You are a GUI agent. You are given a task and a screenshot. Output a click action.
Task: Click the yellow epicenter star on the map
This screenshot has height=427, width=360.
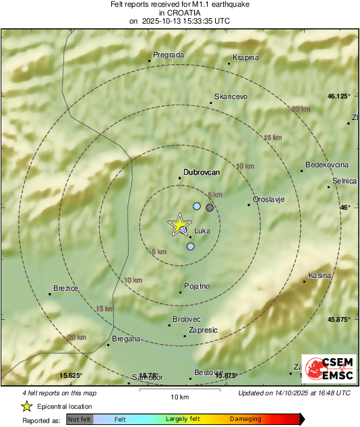pyautogui.click(x=179, y=225)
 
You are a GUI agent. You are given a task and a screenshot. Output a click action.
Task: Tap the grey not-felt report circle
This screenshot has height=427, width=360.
pyautogui.click(x=210, y=208)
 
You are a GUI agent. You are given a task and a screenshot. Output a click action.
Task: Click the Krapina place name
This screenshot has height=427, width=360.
pyautogui.click(x=245, y=57)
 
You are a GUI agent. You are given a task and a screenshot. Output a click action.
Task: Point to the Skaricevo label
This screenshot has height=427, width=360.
pyautogui.click(x=231, y=96)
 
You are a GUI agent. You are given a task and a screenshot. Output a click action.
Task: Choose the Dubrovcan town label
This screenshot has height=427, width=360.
pyautogui.click(x=202, y=172)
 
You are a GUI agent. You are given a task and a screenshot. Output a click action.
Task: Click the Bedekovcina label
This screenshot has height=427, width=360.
pyautogui.click(x=326, y=165)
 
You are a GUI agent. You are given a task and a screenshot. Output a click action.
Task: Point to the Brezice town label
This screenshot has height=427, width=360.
pyautogui.click(x=65, y=288)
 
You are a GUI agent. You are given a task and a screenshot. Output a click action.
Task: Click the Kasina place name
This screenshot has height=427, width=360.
pyautogui.click(x=320, y=275)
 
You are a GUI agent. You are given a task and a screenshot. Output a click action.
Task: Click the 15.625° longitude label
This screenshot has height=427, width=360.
pyautogui.click(x=71, y=375)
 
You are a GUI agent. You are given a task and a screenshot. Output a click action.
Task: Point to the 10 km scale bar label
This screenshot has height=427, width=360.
pyautogui.click(x=179, y=396)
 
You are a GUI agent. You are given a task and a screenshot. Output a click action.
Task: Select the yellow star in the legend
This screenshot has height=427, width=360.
pyautogui.click(x=26, y=406)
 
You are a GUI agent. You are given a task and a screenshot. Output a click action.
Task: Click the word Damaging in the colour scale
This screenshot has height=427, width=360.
pyautogui.click(x=245, y=419)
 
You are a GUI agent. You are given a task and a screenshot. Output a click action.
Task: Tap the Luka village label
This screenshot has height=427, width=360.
pyautogui.click(x=202, y=231)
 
